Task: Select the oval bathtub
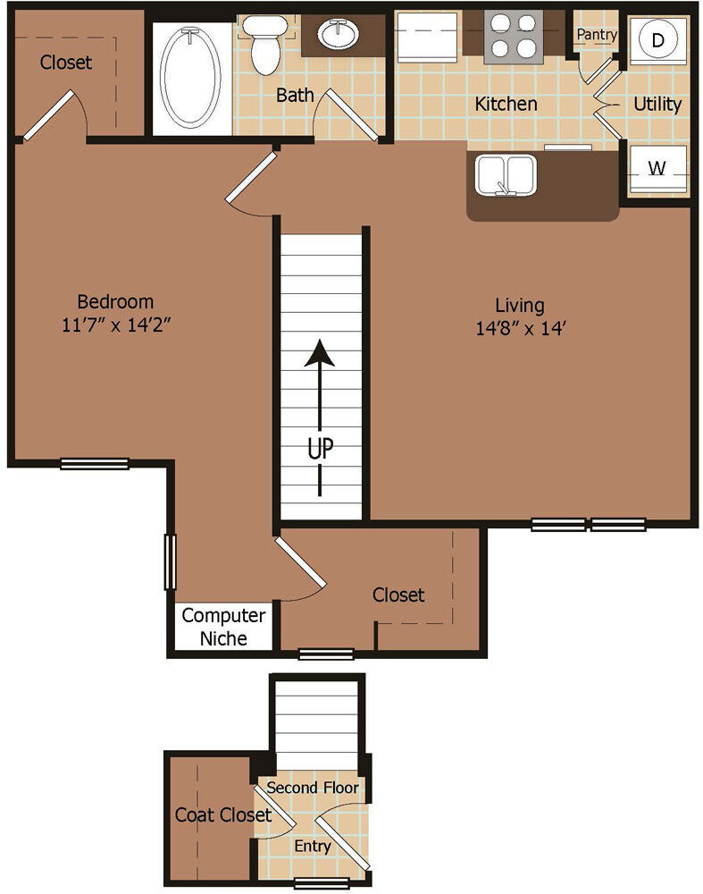(190, 78)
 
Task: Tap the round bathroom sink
(339, 34)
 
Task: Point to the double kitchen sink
(506, 175)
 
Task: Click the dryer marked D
(658, 40)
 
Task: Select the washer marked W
(657, 169)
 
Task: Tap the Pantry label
(597, 34)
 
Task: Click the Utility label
(657, 104)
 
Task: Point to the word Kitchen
(506, 104)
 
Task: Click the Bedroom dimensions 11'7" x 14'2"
(116, 325)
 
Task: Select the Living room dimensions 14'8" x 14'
(520, 328)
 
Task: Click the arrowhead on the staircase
(320, 352)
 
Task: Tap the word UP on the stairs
(320, 449)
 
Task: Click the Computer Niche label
(223, 627)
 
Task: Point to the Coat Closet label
(222, 814)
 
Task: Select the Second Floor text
(312, 788)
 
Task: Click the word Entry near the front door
(312, 846)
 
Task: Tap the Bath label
(295, 95)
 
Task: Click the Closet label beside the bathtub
(65, 63)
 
